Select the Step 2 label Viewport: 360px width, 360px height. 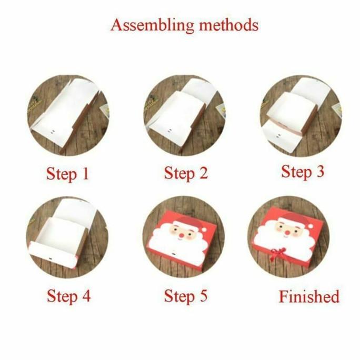pyautogui.click(x=186, y=173)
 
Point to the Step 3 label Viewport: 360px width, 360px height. pyautogui.click(x=303, y=172)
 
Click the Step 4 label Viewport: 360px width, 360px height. pyautogui.click(x=68, y=296)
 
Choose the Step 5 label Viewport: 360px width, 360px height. pyautogui.click(x=186, y=296)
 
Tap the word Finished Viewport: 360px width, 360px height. pyautogui.click(x=309, y=296)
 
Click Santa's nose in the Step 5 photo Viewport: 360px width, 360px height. pyautogui.click(x=181, y=232)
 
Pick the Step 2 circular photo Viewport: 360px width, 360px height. pyautogui.click(x=184, y=115)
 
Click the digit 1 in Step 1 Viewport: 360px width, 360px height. pyautogui.click(x=85, y=174)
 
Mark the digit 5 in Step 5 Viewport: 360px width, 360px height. pyautogui.click(x=203, y=296)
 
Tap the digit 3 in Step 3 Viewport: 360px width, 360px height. pyautogui.click(x=319, y=172)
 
